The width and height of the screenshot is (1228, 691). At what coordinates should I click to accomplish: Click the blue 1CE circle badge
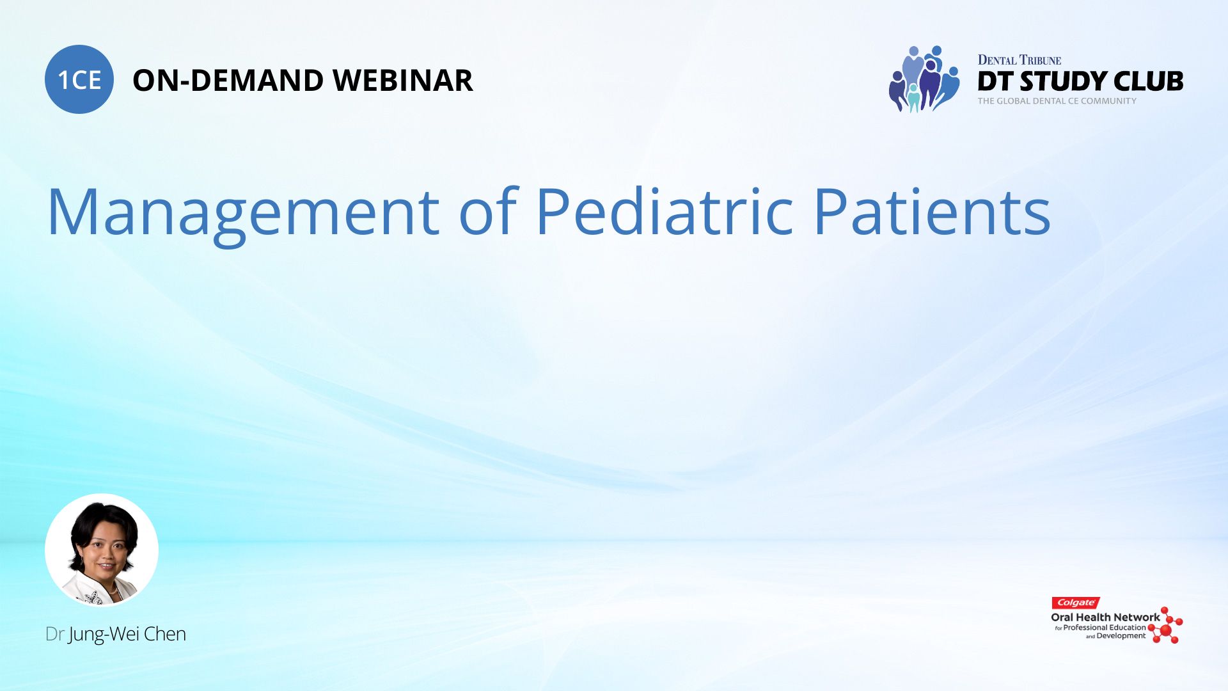pos(79,79)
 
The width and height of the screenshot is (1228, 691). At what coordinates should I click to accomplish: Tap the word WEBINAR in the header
pos(403,81)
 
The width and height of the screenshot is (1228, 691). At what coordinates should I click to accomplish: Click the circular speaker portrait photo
pos(102,550)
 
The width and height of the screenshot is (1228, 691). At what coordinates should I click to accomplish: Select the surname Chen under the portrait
pos(165,633)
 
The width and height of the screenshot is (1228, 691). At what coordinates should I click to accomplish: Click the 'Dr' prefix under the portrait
pos(54,633)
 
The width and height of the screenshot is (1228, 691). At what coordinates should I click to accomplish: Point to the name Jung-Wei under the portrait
pos(104,635)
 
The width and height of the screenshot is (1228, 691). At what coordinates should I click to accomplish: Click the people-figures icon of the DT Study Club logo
pos(924,79)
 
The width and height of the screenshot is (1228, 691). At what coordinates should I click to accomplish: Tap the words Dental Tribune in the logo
pos(1019,60)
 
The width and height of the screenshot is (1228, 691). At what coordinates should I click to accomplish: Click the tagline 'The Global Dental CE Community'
pos(1057,101)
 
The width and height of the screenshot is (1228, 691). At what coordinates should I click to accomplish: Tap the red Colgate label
pos(1076,603)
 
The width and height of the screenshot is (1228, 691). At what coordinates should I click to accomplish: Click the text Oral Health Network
pos(1105,617)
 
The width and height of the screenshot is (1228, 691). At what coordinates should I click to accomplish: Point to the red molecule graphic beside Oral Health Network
pos(1165,625)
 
